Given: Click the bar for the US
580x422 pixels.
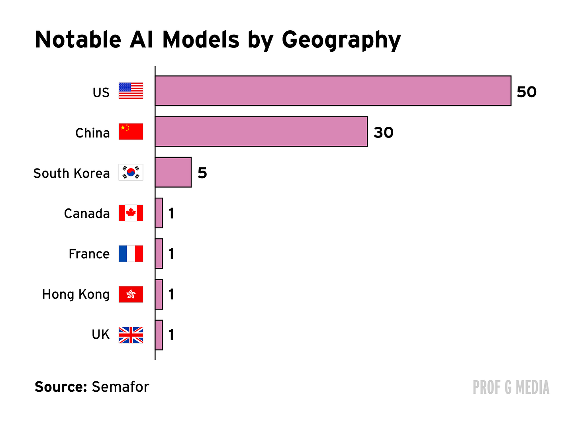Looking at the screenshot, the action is pyautogui.click(x=333, y=91).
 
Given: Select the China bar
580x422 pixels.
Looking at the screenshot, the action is pyautogui.click(x=261, y=132).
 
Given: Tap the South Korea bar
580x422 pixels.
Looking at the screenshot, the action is pyautogui.click(x=173, y=172).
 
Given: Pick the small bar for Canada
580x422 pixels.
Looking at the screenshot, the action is pyautogui.click(x=159, y=213).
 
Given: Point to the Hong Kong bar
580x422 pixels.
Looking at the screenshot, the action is pyautogui.click(x=159, y=294).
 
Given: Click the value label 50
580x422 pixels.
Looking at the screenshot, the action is pyautogui.click(x=527, y=92).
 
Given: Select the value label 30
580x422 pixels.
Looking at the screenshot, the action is pyautogui.click(x=384, y=133).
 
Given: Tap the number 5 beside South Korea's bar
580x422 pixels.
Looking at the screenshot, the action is pyautogui.click(x=202, y=173).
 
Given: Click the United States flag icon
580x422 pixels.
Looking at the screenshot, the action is pyautogui.click(x=131, y=91).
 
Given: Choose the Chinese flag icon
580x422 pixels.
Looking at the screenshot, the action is pyautogui.click(x=131, y=132).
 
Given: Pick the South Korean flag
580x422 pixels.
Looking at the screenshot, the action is pyautogui.click(x=131, y=172).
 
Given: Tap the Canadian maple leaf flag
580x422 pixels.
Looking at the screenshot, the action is pyautogui.click(x=131, y=213).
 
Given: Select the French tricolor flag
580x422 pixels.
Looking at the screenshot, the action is pyautogui.click(x=131, y=253).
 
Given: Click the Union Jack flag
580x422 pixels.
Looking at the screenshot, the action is pyautogui.click(x=131, y=335).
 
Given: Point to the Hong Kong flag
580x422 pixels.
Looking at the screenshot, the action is pyautogui.click(x=131, y=294).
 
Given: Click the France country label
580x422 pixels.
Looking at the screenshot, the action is pyautogui.click(x=89, y=254).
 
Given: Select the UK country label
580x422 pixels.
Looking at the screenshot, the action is pyautogui.click(x=100, y=335).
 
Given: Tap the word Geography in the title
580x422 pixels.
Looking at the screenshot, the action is pyautogui.click(x=341, y=40).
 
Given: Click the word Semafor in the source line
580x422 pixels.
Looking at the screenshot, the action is pyautogui.click(x=120, y=387).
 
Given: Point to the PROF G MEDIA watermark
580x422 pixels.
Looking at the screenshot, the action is pyautogui.click(x=511, y=388).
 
